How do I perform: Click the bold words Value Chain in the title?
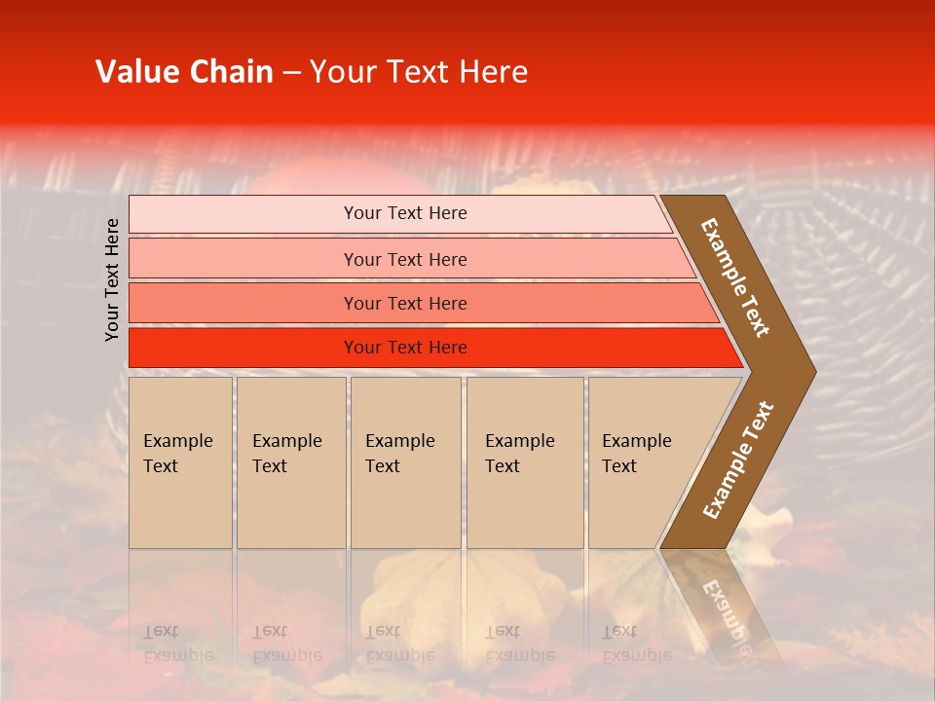[x=184, y=72]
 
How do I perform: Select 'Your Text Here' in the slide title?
[x=419, y=72]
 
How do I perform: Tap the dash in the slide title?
[x=291, y=73]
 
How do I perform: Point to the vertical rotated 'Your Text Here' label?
[x=112, y=279]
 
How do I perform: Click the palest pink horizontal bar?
[x=404, y=213]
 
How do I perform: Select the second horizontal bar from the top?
[x=404, y=259]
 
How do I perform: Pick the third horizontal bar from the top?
[x=404, y=303]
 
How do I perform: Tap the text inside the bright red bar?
[x=404, y=348]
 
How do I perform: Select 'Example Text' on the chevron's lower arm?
[x=738, y=461]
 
